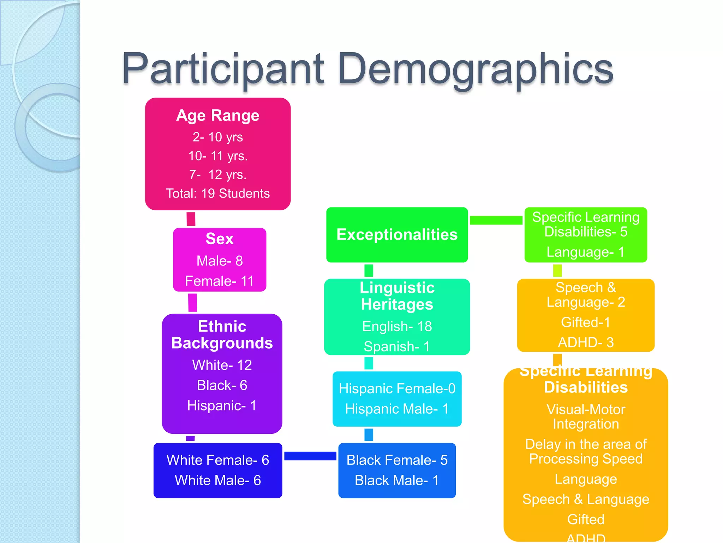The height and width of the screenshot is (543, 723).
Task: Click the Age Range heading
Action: [218, 116]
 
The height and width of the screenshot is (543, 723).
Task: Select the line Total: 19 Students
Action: [218, 193]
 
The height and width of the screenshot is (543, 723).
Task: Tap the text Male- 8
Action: [220, 261]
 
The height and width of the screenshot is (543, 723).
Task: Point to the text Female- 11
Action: [220, 281]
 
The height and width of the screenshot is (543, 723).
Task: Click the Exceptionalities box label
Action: [397, 235]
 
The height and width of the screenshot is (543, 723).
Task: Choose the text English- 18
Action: [397, 326]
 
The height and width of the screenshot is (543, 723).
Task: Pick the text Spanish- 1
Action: [397, 346]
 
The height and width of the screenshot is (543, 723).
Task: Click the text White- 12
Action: [222, 365]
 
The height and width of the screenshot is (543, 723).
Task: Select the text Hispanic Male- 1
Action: [397, 409]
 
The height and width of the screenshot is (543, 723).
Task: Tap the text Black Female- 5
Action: [397, 460]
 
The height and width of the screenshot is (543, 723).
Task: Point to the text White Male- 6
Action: [218, 480]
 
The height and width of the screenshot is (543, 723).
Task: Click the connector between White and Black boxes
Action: [310, 456]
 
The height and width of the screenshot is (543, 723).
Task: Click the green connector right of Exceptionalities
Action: [496, 220]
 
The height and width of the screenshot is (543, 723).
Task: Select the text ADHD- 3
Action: [586, 342]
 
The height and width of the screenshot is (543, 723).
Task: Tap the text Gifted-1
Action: [586, 322]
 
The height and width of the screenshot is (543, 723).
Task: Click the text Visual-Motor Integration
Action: [586, 416]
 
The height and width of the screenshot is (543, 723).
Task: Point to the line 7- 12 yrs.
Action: [218, 175]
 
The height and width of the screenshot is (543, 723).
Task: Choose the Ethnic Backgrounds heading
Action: [222, 334]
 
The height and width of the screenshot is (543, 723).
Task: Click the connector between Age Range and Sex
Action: [191, 219]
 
